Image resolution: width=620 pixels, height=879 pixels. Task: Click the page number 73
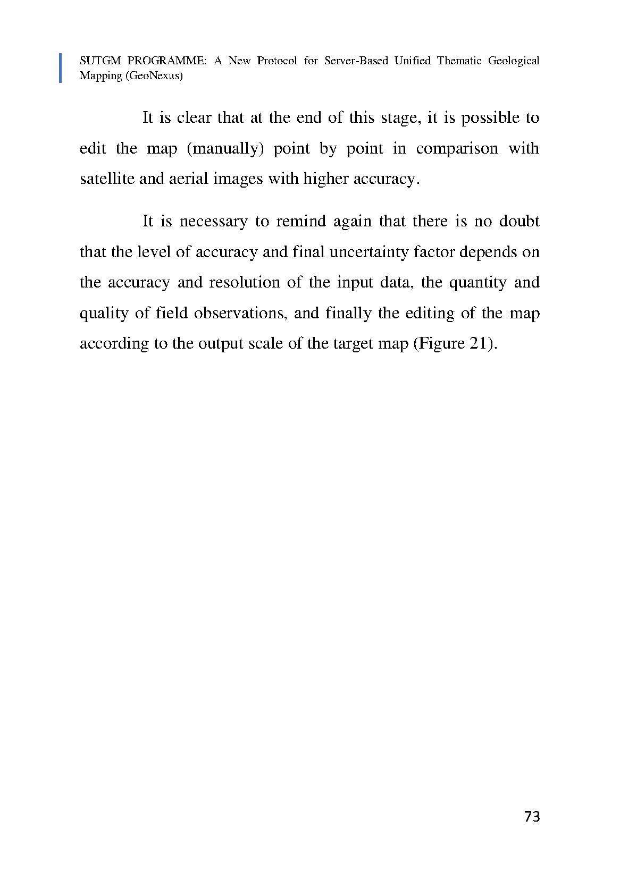(532, 816)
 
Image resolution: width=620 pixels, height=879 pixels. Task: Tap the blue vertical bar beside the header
(60, 68)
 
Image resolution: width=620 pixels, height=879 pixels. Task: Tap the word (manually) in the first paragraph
(225, 148)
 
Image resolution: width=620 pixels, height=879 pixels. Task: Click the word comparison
(457, 148)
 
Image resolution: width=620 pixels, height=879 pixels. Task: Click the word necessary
(213, 221)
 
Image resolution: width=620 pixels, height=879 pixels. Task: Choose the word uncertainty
(372, 251)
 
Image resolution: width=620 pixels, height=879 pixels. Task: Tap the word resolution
(244, 282)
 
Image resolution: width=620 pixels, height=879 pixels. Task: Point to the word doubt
(519, 221)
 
